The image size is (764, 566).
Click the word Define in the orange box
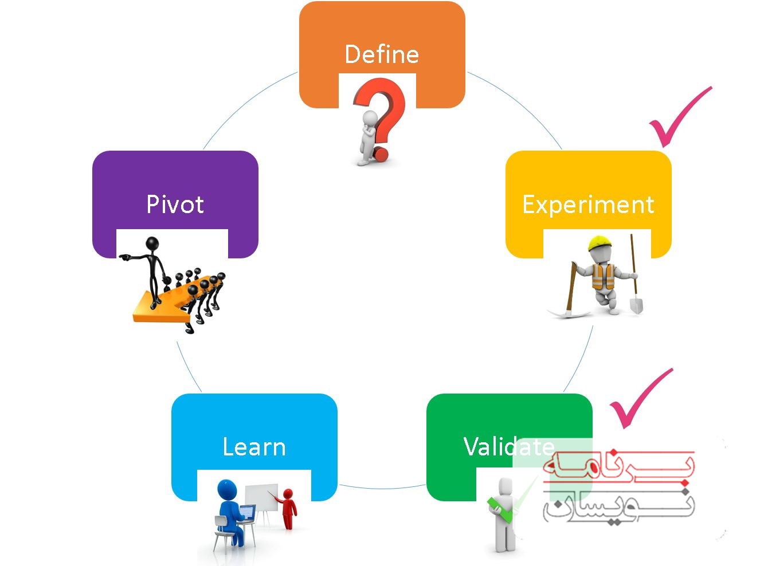click(x=382, y=54)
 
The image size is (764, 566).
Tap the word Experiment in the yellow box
click(x=588, y=205)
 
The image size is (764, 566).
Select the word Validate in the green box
click(x=508, y=447)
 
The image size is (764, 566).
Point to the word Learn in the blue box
click(x=254, y=447)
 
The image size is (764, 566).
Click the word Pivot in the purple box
click(x=175, y=205)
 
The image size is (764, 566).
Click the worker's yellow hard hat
click(x=600, y=242)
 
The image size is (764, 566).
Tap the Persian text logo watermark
click(x=619, y=487)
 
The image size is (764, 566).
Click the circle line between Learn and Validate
click(x=382, y=488)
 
